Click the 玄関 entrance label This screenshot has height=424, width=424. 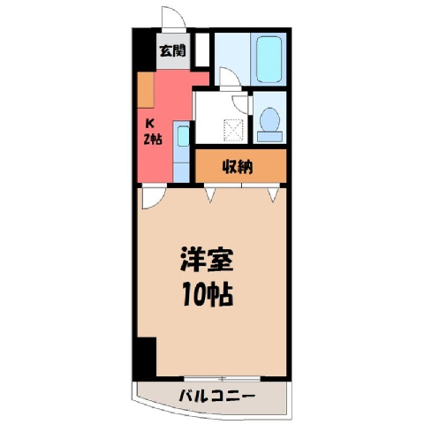click(173, 50)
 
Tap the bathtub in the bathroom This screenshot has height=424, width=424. click(269, 59)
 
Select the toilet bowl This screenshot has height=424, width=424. click(269, 119)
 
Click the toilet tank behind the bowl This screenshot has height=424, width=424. click(269, 137)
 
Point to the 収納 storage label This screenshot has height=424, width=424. click(238, 168)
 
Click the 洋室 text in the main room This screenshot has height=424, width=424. click(207, 260)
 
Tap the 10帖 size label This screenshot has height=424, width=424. click(208, 294)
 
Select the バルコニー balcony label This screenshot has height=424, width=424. click(216, 397)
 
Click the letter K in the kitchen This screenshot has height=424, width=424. click(150, 124)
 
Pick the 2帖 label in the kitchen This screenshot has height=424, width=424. click(153, 139)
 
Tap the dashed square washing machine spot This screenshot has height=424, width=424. click(234, 131)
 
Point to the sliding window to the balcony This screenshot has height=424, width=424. click(223, 379)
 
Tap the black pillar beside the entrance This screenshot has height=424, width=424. click(144, 49)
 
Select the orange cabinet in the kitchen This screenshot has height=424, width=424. click(146, 89)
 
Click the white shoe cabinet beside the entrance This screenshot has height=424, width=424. click(202, 49)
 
